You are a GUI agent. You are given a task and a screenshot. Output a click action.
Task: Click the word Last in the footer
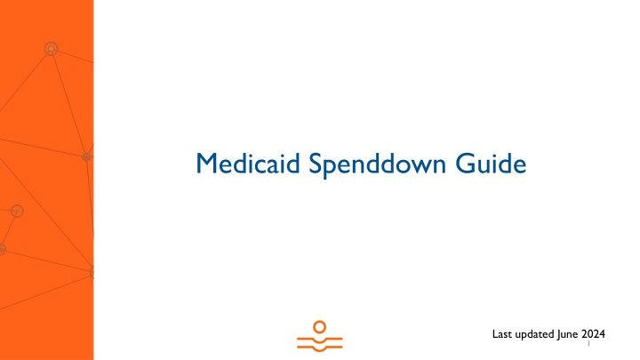502,334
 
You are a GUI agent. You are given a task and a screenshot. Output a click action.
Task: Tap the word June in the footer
569,334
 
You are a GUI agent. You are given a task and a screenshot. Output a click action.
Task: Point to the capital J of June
561,334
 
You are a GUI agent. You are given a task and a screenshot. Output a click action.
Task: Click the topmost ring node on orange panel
51,49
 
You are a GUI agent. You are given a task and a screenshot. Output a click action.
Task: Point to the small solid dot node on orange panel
86,157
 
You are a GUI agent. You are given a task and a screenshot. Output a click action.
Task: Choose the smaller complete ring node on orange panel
17,212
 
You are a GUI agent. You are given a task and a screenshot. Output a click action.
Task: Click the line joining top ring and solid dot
68,103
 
